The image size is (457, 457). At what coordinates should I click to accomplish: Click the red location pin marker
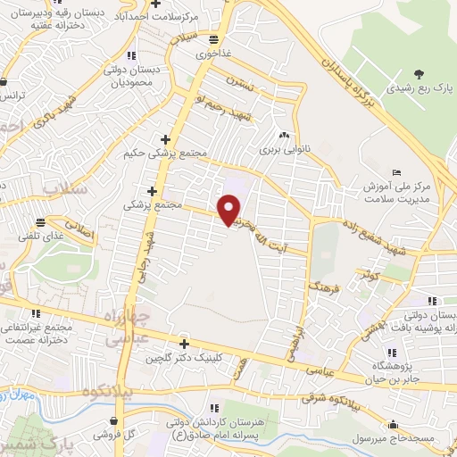[x=229, y=210]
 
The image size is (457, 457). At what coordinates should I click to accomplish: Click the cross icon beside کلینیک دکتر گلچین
[x=184, y=344]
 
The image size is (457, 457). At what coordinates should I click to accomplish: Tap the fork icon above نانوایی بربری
[x=284, y=135]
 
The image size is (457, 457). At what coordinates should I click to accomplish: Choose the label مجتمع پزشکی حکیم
[x=168, y=153]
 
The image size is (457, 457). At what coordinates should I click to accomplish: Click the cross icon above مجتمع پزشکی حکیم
[x=163, y=138]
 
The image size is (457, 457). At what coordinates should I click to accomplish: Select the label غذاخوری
[x=213, y=54]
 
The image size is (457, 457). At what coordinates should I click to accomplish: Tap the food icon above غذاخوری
[x=212, y=39]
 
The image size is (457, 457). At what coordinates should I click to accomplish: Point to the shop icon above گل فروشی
[x=114, y=421]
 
